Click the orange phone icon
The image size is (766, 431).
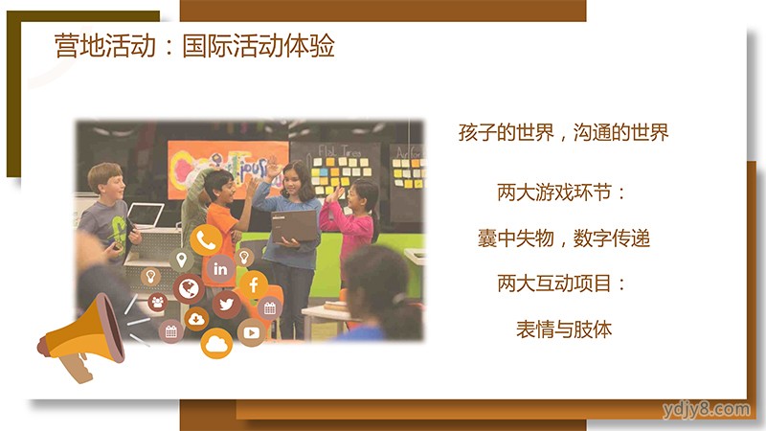point(206,239)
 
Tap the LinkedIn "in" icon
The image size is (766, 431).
point(220,268)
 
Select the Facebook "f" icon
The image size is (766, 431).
point(253,284)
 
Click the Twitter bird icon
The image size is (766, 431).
point(226,304)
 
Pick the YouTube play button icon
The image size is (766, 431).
point(251,332)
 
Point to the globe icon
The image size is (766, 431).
point(188,288)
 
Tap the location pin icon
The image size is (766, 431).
point(181,260)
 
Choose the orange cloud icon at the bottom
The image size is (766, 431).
point(216,344)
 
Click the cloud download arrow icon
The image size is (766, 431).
point(196,319)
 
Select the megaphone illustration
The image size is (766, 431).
point(83,337)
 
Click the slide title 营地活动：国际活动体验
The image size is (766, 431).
point(194,46)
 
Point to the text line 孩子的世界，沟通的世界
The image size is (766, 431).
point(563,132)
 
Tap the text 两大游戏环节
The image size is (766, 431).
point(554,193)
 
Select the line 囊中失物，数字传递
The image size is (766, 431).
point(564,238)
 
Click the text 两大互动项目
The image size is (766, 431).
point(554,284)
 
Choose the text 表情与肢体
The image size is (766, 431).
point(564,329)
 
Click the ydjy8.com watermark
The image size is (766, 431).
point(707,410)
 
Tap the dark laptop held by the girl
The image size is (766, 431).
point(295,225)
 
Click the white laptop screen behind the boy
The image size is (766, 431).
point(146,215)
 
